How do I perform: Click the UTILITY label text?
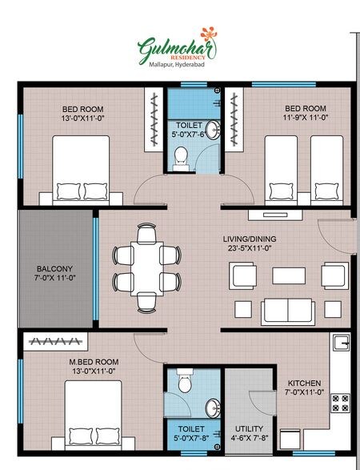pyautogui.click(x=248, y=428)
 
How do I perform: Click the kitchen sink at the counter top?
pyautogui.click(x=342, y=343)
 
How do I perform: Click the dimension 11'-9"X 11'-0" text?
pyautogui.click(x=306, y=118)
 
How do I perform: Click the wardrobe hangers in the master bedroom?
pyautogui.click(x=58, y=342)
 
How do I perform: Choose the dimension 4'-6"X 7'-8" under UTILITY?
pyautogui.click(x=249, y=439)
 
